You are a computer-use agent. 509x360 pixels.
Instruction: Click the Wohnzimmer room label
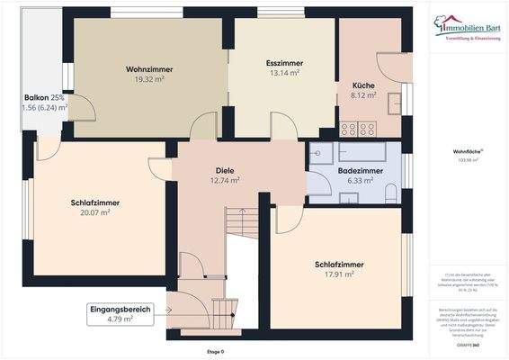pyautogui.click(x=150, y=69)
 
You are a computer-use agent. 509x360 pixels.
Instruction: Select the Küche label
pyautogui.click(x=363, y=85)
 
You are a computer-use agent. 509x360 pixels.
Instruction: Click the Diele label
pyautogui.click(x=225, y=169)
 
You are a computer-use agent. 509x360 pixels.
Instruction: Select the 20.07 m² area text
pyautogui.click(x=94, y=213)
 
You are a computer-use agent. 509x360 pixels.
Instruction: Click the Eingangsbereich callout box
pyautogui.click(x=121, y=313)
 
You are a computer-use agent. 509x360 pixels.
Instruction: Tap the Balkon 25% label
pyautogui.click(x=43, y=96)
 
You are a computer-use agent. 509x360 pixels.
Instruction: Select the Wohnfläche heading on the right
pyautogui.click(x=466, y=152)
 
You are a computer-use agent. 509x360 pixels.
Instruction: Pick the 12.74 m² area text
pyautogui.click(x=225, y=180)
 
